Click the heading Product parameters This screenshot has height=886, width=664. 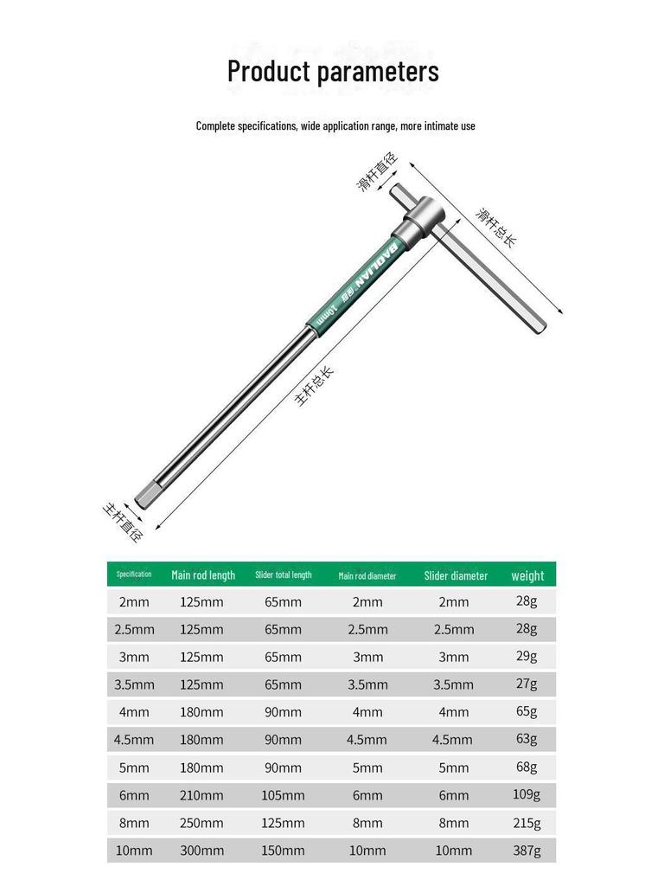tap(333, 71)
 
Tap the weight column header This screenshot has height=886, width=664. tap(527, 575)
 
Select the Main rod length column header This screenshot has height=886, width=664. tap(203, 575)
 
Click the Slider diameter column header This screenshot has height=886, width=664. tap(456, 575)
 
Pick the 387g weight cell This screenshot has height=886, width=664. tap(526, 851)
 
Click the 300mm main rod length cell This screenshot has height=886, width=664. tap(201, 851)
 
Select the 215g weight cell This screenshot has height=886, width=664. tap(526, 823)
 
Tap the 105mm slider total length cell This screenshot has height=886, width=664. tap(284, 795)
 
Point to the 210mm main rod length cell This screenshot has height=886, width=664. tap(201, 795)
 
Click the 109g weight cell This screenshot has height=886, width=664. tap(526, 795)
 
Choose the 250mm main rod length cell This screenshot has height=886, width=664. tap(201, 823)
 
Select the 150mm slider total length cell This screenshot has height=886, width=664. tap(284, 851)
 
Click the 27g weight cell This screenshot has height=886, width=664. tap(526, 684)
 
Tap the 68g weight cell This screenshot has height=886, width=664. tap(526, 767)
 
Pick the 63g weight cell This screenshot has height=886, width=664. tap(526, 740)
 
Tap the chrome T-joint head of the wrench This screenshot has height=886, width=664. tap(420, 215)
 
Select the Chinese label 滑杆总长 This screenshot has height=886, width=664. tap(496, 227)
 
